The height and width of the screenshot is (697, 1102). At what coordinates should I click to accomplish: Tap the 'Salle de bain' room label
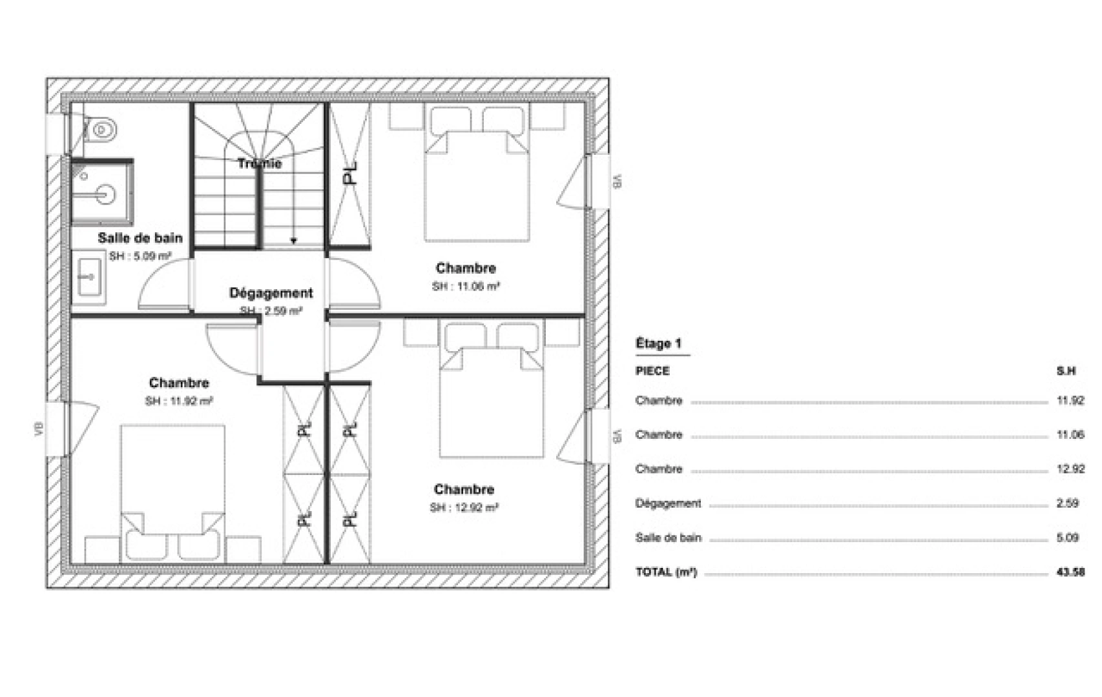(x=140, y=238)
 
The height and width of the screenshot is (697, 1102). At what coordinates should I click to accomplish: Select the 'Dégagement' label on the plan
(x=271, y=293)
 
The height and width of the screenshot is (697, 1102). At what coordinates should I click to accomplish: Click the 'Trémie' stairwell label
(x=259, y=163)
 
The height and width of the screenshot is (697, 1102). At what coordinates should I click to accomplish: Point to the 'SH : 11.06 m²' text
(x=466, y=287)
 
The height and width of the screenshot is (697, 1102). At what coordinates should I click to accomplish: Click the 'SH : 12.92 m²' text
(x=464, y=508)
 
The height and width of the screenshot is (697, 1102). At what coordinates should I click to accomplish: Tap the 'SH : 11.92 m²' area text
(x=179, y=401)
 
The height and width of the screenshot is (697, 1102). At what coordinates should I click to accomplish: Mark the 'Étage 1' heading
(x=658, y=344)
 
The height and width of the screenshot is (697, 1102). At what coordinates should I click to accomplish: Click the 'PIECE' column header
(x=652, y=371)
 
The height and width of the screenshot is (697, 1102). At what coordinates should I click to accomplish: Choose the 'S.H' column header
(x=1066, y=371)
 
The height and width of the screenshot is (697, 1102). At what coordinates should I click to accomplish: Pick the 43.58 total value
(x=1070, y=572)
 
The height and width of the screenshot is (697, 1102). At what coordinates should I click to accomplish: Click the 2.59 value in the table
(x=1067, y=503)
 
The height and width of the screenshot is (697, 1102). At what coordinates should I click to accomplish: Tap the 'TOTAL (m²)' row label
(x=666, y=572)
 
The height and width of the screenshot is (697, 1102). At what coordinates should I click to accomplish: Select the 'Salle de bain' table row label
(x=668, y=538)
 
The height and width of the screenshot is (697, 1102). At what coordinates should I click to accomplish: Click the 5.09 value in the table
(x=1067, y=538)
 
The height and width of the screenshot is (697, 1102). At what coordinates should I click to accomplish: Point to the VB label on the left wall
(x=37, y=429)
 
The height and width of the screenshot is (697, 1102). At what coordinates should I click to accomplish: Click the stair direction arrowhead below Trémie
(x=293, y=241)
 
